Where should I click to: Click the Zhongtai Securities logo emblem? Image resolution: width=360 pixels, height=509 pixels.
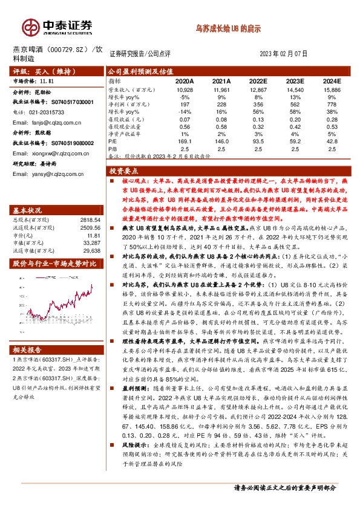click(30, 27)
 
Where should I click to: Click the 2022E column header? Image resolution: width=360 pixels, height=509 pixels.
click(258, 80)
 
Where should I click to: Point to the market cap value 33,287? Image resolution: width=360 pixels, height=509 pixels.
click(90, 226)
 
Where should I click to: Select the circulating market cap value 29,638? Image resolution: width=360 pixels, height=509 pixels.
click(90, 233)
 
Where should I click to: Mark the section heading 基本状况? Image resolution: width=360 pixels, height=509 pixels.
click(28, 193)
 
